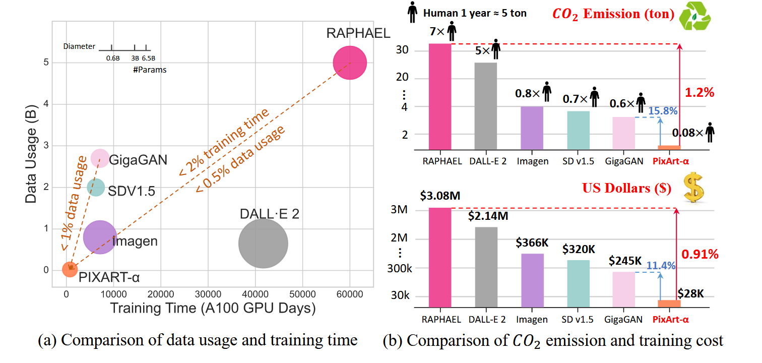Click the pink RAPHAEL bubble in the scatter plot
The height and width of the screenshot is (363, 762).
[350, 63]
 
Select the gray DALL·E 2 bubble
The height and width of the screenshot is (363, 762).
[263, 243]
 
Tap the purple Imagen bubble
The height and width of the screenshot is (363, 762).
[100, 236]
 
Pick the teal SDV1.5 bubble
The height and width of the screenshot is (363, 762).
[96, 188]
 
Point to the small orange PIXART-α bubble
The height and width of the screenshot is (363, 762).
[70, 269]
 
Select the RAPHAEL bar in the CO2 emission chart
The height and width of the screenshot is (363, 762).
[439, 96]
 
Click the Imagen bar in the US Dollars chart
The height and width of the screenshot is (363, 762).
[533, 280]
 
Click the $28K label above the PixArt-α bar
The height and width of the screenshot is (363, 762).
[690, 293]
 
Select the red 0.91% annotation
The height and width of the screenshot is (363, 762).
[700, 254]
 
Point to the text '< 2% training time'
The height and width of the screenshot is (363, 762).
[223, 142]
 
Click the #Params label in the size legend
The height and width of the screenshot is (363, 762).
[150, 70]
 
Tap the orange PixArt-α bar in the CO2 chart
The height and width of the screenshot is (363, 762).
[669, 147]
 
